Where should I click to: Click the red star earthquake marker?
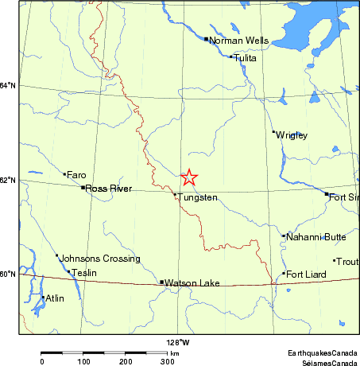[x=189, y=177]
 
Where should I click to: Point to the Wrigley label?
[x=292, y=135]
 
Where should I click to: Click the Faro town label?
[x=76, y=174]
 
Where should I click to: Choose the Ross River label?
[x=109, y=189]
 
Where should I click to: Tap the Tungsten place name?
[x=197, y=197]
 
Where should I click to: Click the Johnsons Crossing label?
[x=100, y=259]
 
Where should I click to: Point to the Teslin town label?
[x=83, y=273]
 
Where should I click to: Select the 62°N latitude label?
[x=8, y=180]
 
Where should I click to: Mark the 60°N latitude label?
[x=8, y=274]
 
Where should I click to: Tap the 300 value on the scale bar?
[x=167, y=361]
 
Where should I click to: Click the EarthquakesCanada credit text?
[x=322, y=352]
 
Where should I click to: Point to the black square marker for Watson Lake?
[x=162, y=282]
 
